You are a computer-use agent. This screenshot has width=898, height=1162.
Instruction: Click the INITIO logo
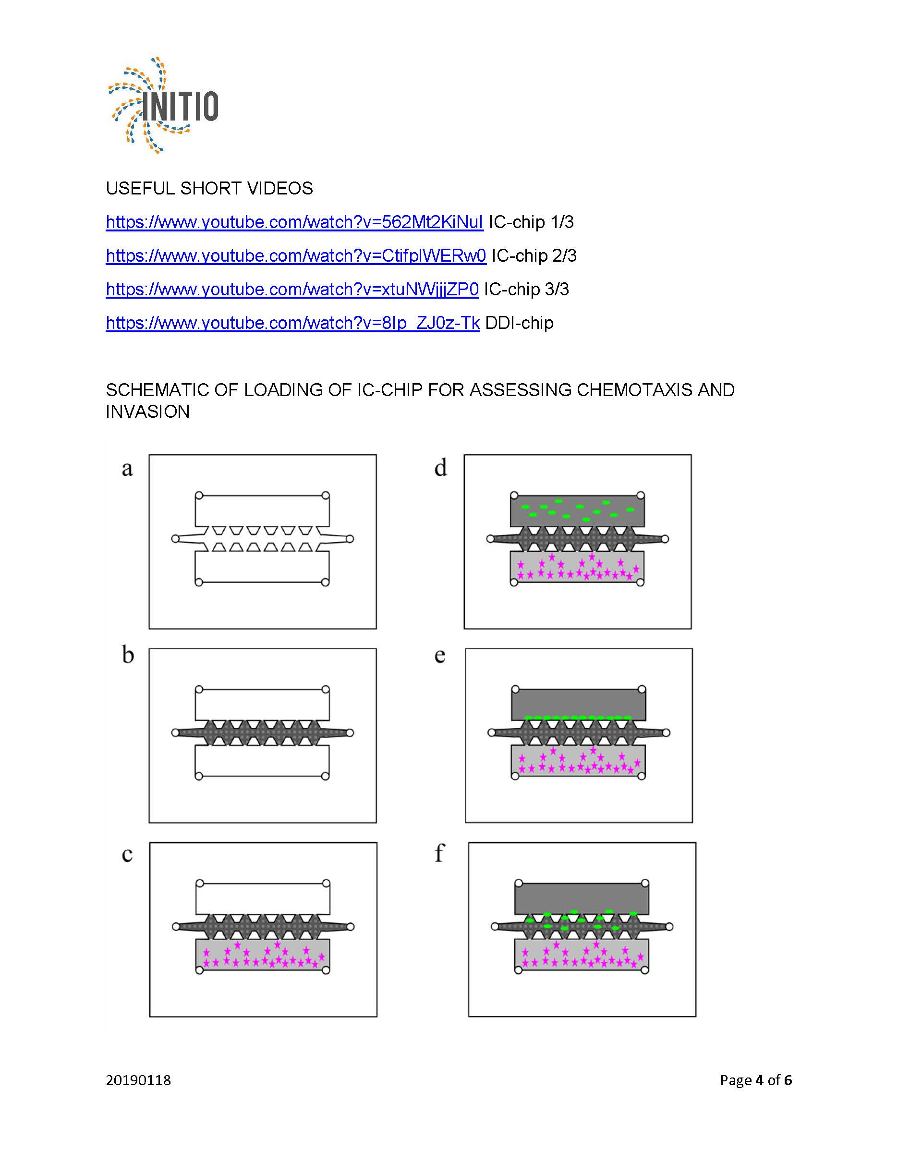163,105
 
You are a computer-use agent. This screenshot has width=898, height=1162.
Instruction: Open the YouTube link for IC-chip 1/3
294,222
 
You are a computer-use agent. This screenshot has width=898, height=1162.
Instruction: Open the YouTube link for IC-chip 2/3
296,256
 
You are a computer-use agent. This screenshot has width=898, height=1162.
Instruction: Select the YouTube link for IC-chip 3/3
292,290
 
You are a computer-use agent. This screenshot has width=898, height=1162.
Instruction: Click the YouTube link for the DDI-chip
292,323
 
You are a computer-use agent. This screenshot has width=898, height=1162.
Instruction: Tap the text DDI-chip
519,323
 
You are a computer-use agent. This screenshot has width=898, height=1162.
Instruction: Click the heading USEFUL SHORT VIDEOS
209,188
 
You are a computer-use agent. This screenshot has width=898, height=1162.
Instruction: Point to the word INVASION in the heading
147,412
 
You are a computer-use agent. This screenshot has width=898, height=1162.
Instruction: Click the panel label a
127,468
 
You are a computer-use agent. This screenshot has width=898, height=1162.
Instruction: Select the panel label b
128,654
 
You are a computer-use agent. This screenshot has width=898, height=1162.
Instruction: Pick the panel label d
440,468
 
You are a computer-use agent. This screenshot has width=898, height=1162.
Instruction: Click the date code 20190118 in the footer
138,1080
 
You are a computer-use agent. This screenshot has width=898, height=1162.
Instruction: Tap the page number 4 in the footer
759,1080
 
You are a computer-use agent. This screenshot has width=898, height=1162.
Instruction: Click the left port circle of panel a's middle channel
175,539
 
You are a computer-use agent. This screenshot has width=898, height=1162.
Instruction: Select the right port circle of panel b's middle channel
350,733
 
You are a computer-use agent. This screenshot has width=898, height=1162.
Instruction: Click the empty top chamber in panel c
263,898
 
